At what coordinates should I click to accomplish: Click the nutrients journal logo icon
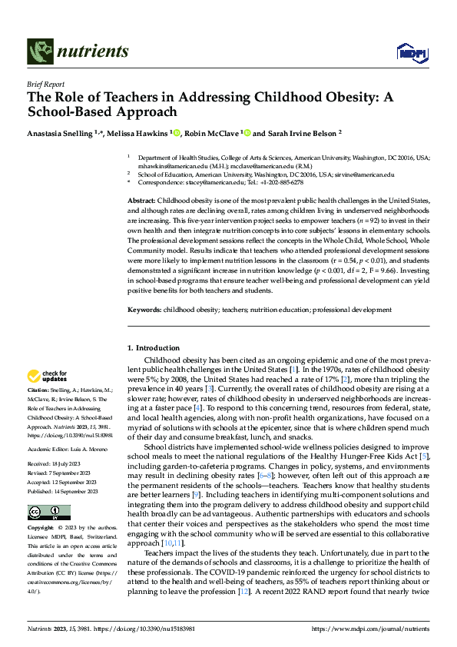point(39,51)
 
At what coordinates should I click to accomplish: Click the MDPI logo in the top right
point(409,52)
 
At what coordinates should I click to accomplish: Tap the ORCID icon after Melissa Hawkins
point(176,132)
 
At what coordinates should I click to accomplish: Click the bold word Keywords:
point(144,310)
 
